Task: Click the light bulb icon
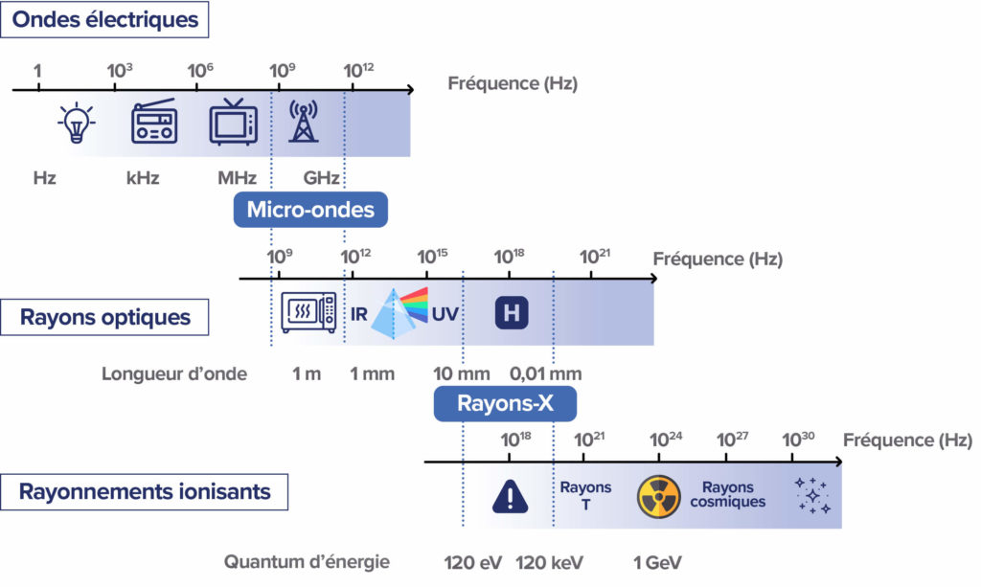click(x=73, y=124)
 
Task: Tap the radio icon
click(x=153, y=122)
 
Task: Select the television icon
click(x=234, y=122)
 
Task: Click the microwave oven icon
click(x=308, y=312)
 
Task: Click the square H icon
click(x=512, y=312)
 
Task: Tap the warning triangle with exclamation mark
click(x=510, y=496)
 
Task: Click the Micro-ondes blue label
click(x=310, y=210)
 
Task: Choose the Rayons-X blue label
click(x=505, y=403)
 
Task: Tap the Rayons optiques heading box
click(x=105, y=317)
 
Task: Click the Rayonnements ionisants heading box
click(x=146, y=492)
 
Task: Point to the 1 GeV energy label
click(x=656, y=562)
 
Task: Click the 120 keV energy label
click(x=550, y=562)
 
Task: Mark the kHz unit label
click(x=143, y=178)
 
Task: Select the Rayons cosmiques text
click(x=728, y=494)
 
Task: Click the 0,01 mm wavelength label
click(x=545, y=373)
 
